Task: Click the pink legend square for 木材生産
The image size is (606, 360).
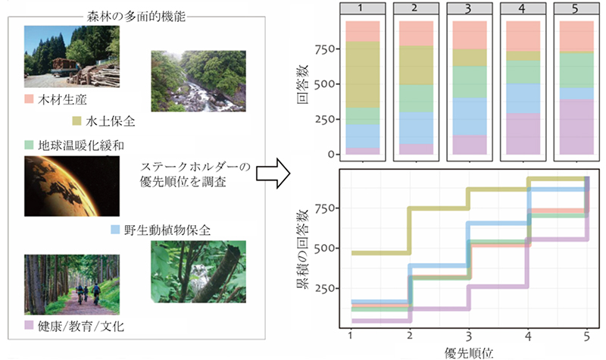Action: click(29, 99)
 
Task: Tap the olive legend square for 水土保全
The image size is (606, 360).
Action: click(77, 121)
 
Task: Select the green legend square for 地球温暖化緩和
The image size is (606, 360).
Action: click(29, 145)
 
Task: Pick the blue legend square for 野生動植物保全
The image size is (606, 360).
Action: click(116, 230)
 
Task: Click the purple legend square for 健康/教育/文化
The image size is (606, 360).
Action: click(29, 325)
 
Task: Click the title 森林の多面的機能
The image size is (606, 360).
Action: click(136, 17)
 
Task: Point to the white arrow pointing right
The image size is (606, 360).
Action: click(273, 174)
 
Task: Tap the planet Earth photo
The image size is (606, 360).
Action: click(72, 186)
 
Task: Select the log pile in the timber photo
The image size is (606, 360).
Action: click(98, 74)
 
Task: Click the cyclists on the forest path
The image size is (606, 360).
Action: click(88, 293)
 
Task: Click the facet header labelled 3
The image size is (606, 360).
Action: click(470, 8)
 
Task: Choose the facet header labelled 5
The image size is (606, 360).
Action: click(576, 8)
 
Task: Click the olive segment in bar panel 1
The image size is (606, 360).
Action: click(363, 74)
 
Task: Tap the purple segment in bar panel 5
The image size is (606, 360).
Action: click(576, 127)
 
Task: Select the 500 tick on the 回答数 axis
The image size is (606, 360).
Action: click(324, 84)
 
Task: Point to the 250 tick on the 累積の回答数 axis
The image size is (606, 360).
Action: click(325, 289)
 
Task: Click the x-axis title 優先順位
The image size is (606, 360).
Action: click(469, 353)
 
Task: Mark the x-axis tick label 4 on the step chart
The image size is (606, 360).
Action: click(528, 337)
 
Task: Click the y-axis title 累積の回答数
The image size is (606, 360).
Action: click(301, 249)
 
